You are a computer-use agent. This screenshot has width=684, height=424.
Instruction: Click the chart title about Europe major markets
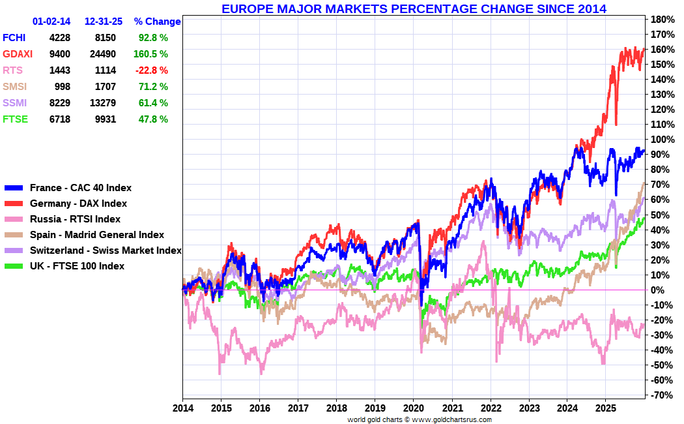point(414,9)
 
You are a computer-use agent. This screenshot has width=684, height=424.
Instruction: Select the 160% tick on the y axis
point(661,49)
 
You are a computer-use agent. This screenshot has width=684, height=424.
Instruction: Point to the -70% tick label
point(661,395)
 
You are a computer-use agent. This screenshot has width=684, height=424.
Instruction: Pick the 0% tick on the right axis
point(659,290)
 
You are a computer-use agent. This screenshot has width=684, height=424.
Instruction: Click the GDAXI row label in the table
point(16,54)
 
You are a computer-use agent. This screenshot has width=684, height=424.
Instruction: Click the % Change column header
point(157,22)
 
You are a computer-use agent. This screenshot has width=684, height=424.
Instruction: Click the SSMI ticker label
point(14,103)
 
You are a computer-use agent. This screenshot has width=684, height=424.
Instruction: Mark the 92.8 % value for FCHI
point(153,38)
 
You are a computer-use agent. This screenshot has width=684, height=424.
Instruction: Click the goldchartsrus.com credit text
point(420,419)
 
